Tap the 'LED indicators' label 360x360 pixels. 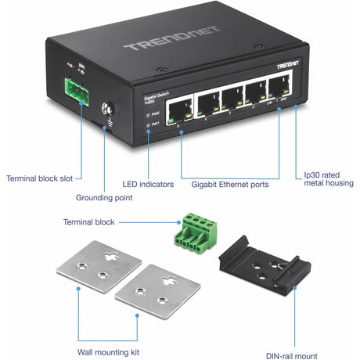tap(148, 185)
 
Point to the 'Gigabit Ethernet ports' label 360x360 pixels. tap(230, 185)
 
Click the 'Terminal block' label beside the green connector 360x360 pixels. tap(89, 222)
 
